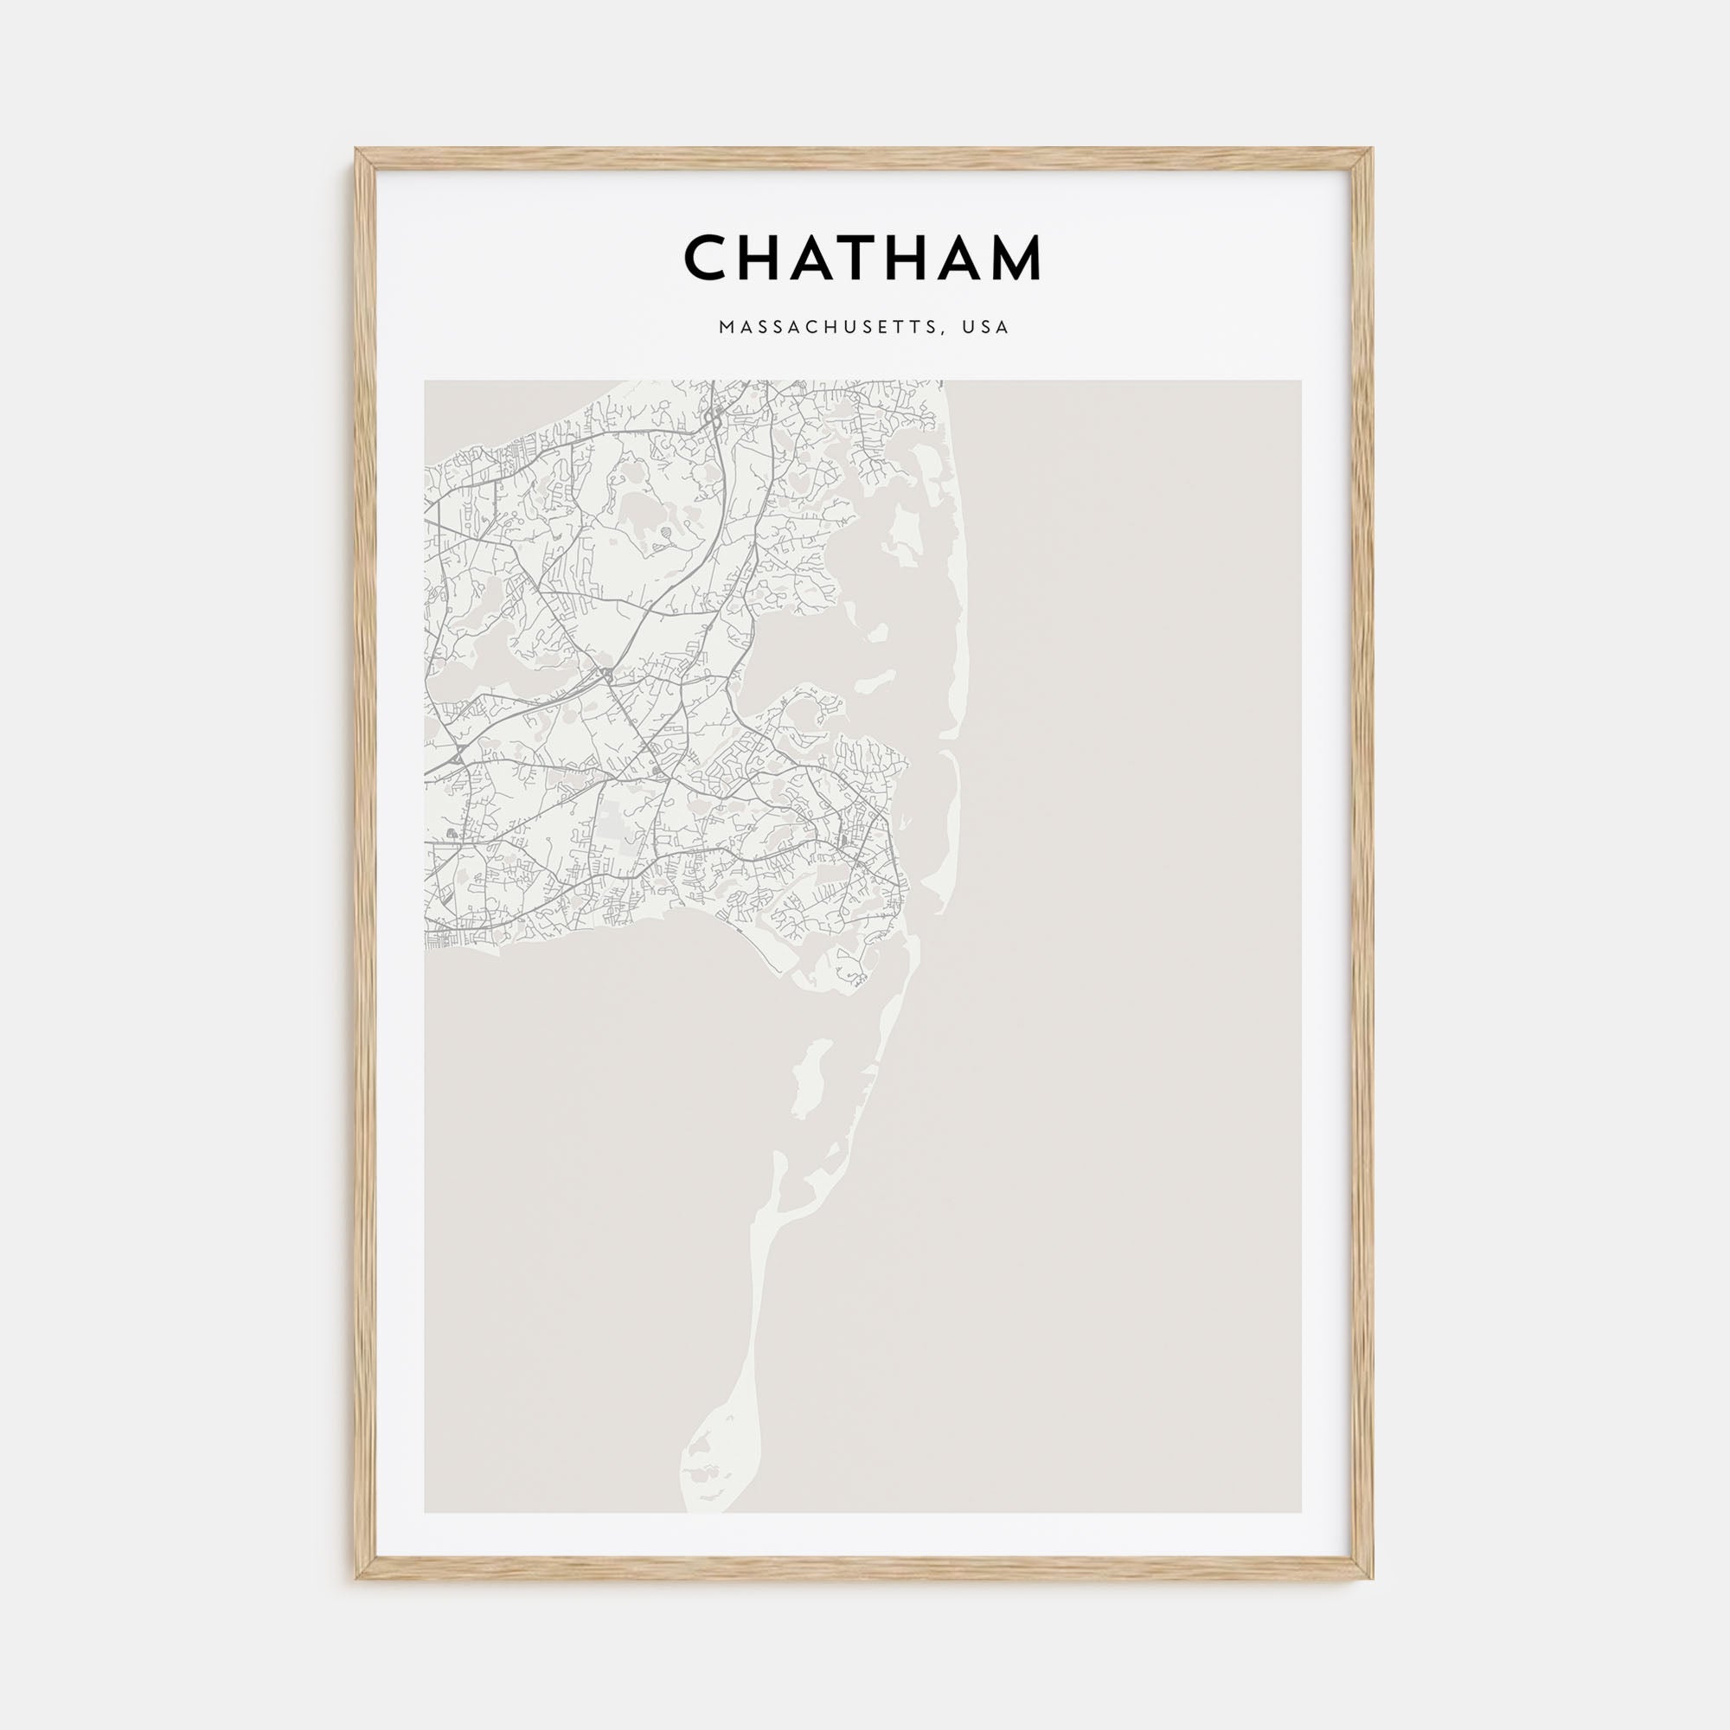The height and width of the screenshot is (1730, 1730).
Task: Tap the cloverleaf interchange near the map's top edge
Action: tap(714, 415)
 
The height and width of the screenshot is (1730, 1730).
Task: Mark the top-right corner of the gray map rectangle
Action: tap(1301, 381)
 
